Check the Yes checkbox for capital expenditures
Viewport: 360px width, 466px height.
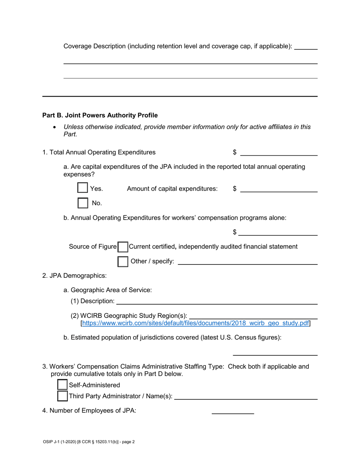click(x=83, y=188)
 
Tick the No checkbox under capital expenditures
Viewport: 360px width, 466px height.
click(x=83, y=203)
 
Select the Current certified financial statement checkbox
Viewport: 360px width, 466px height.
click(x=123, y=247)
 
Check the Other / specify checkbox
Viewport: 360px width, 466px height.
click(x=123, y=261)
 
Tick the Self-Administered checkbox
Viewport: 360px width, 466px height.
click(x=62, y=385)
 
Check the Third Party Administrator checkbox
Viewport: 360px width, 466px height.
click(x=62, y=396)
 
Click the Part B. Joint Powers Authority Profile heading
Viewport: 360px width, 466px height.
click(x=100, y=115)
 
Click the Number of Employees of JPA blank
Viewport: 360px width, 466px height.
click(x=232, y=410)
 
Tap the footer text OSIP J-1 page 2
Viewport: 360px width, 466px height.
click(x=89, y=441)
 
